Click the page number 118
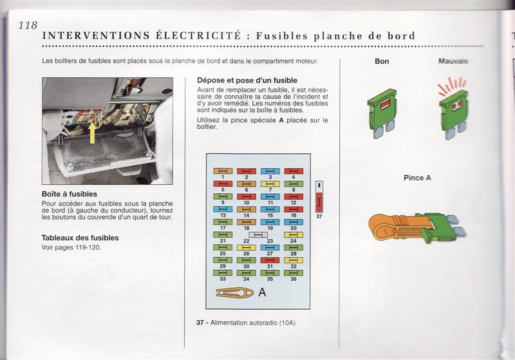pyautogui.click(x=28, y=25)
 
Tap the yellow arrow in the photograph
pyautogui.click(x=93, y=133)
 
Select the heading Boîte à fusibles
pyautogui.click(x=69, y=194)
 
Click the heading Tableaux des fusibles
pyautogui.click(x=80, y=238)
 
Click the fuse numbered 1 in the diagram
pyautogui.click(x=222, y=171)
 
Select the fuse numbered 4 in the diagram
pyautogui.click(x=294, y=171)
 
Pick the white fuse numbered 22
pyautogui.click(x=257, y=235)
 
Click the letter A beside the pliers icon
pyautogui.click(x=262, y=294)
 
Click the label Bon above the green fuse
pyautogui.click(x=382, y=62)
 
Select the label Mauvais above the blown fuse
pyautogui.click(x=452, y=62)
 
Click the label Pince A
pyautogui.click(x=417, y=178)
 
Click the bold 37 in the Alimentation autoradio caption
pyautogui.click(x=200, y=322)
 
